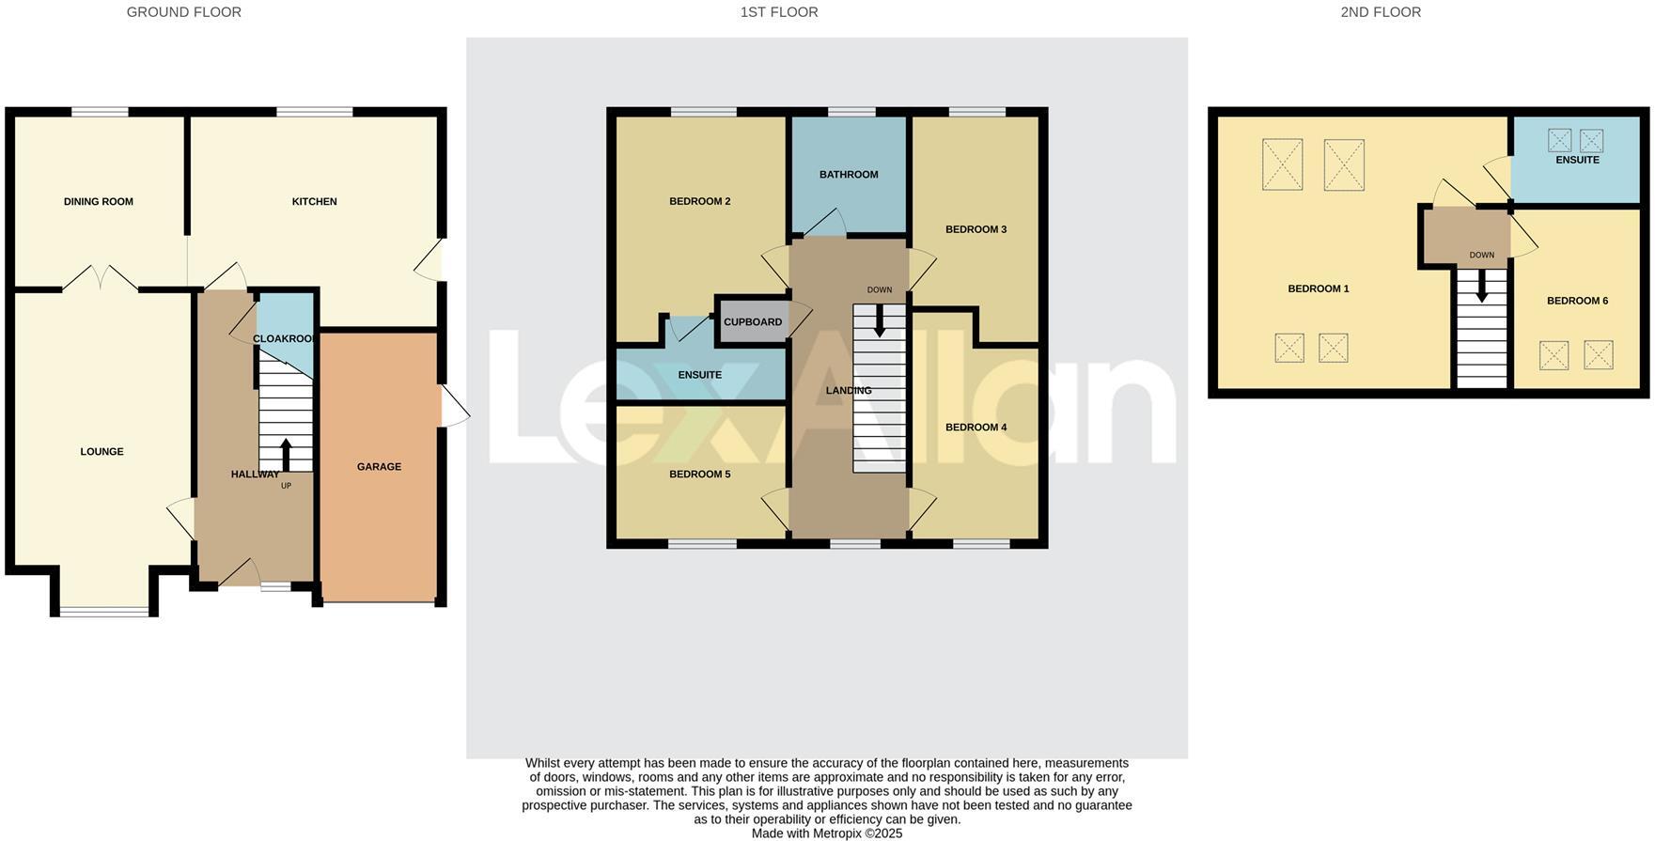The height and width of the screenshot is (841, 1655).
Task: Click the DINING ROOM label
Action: (98, 201)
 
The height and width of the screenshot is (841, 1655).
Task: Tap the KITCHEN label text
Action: (314, 201)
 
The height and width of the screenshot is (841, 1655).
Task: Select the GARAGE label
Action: (379, 466)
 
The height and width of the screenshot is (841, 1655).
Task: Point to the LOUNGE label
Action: (101, 451)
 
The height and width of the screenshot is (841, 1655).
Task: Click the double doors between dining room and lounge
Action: (101, 278)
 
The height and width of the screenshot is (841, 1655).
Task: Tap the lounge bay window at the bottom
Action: (103, 613)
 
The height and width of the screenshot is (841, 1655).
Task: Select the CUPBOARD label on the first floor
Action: (752, 321)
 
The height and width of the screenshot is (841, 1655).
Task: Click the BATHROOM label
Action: (848, 174)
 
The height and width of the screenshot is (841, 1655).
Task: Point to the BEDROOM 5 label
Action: (699, 474)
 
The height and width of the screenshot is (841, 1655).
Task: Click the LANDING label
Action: (848, 390)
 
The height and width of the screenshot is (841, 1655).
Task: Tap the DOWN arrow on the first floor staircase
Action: (880, 322)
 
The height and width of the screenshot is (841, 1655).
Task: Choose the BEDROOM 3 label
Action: (976, 229)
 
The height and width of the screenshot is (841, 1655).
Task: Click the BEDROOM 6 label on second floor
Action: (1577, 301)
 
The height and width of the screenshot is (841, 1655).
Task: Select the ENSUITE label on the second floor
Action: (1576, 160)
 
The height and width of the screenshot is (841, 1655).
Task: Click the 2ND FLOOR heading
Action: (1380, 12)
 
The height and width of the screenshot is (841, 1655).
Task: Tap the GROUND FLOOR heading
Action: (183, 12)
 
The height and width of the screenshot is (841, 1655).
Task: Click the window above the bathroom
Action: (851, 113)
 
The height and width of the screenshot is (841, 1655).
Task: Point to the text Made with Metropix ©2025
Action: (826, 833)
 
